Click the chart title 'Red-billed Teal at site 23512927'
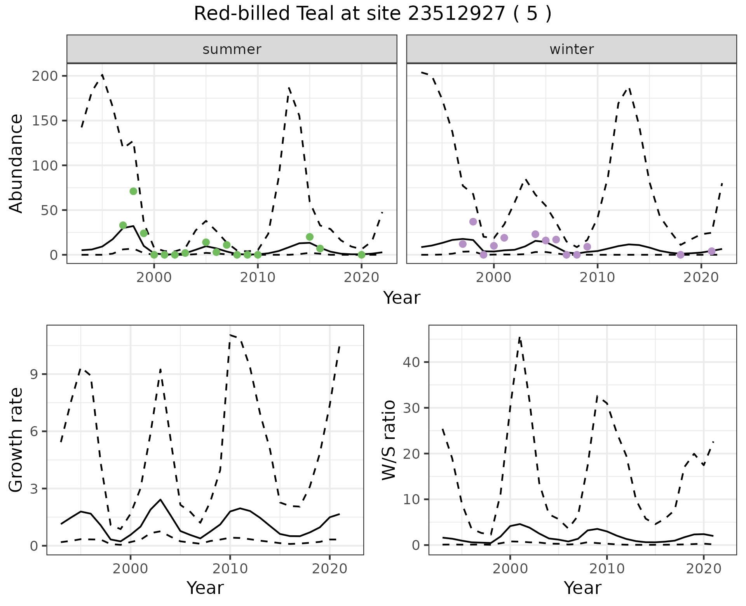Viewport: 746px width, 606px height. pyautogui.click(x=372, y=14)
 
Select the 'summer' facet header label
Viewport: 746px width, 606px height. pyautogui.click(x=232, y=49)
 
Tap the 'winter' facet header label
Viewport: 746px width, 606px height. pyautogui.click(x=572, y=49)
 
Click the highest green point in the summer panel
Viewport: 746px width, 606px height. pyautogui.click(x=133, y=191)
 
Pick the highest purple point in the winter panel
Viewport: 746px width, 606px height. pyautogui.click(x=473, y=221)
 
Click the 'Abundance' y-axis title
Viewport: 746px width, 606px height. pyautogui.click(x=16, y=164)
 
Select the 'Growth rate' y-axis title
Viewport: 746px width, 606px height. pyautogui.click(x=16, y=440)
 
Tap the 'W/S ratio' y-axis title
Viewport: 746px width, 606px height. pyautogui.click(x=389, y=440)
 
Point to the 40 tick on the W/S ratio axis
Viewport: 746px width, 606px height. pyautogui.click(x=411, y=362)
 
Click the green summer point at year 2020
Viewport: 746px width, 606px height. pyautogui.click(x=361, y=255)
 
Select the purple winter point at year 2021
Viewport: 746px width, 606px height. pyautogui.click(x=711, y=251)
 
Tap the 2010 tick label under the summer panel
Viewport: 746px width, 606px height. pyautogui.click(x=258, y=277)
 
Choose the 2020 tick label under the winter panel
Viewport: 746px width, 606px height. pyautogui.click(x=701, y=277)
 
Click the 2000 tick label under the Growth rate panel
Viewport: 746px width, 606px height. pyautogui.click(x=131, y=569)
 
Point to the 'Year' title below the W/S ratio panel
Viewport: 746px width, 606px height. pyautogui.click(x=582, y=588)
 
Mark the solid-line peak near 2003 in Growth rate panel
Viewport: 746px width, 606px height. pyautogui.click(x=160, y=500)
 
